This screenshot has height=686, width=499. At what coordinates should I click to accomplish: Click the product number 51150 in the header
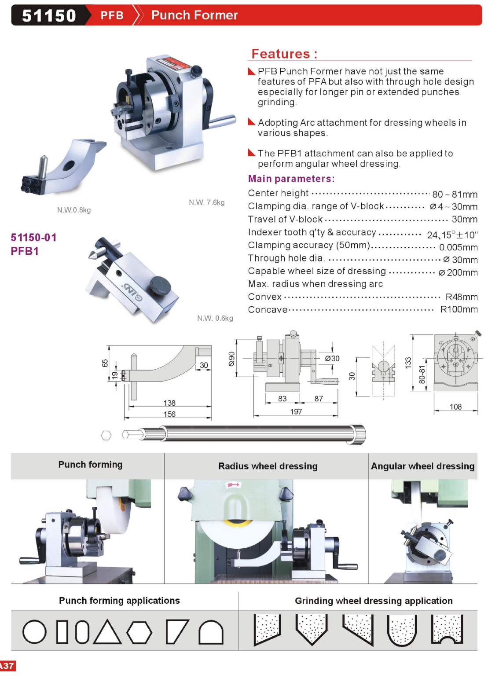tap(49, 15)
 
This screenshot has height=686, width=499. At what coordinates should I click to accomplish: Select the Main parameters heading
tap(291, 179)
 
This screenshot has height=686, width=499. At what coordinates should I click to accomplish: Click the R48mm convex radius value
tap(461, 297)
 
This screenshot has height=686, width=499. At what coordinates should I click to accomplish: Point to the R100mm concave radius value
tap(459, 309)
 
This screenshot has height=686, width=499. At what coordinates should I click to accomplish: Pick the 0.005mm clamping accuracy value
tap(458, 247)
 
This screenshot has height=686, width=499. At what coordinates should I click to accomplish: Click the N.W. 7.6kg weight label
tap(206, 202)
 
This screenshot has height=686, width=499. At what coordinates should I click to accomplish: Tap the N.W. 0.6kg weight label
tap(215, 318)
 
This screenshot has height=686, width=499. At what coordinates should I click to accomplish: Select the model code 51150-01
tap(34, 238)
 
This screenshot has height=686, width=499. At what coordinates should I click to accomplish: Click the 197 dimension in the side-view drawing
tap(296, 411)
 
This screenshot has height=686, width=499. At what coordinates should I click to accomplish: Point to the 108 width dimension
tap(455, 407)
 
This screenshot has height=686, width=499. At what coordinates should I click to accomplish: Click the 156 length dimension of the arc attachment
tap(169, 414)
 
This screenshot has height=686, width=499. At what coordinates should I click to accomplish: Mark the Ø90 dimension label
tap(232, 359)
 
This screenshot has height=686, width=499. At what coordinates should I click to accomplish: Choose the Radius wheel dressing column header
tap(268, 466)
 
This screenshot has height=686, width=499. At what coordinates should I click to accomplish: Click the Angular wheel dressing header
tap(422, 466)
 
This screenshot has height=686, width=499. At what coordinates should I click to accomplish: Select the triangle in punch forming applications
tap(107, 632)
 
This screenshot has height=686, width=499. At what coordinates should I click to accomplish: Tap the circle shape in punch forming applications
tap(34, 632)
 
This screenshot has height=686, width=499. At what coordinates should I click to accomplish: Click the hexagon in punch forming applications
tap(139, 632)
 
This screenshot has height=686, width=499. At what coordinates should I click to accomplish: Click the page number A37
tap(7, 666)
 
